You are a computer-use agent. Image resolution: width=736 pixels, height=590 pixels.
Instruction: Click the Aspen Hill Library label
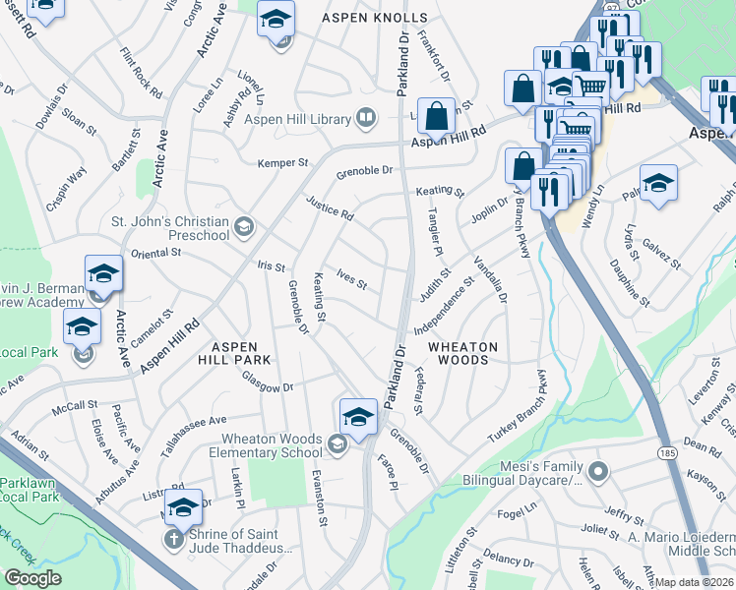(x=298, y=120)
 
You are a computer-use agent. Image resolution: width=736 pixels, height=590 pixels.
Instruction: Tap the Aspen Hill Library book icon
(x=366, y=120)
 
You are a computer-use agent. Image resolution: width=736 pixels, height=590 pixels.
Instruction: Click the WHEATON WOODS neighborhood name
(x=462, y=354)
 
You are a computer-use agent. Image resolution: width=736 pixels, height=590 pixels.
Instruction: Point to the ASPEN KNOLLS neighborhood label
(x=375, y=18)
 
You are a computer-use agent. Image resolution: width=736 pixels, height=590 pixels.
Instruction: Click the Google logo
(x=32, y=578)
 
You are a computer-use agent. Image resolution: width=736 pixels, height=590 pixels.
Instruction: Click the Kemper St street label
(x=283, y=163)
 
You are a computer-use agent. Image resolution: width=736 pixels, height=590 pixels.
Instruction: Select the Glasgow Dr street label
(x=268, y=386)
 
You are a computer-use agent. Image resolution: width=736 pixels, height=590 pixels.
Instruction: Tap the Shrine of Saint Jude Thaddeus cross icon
(x=173, y=539)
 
